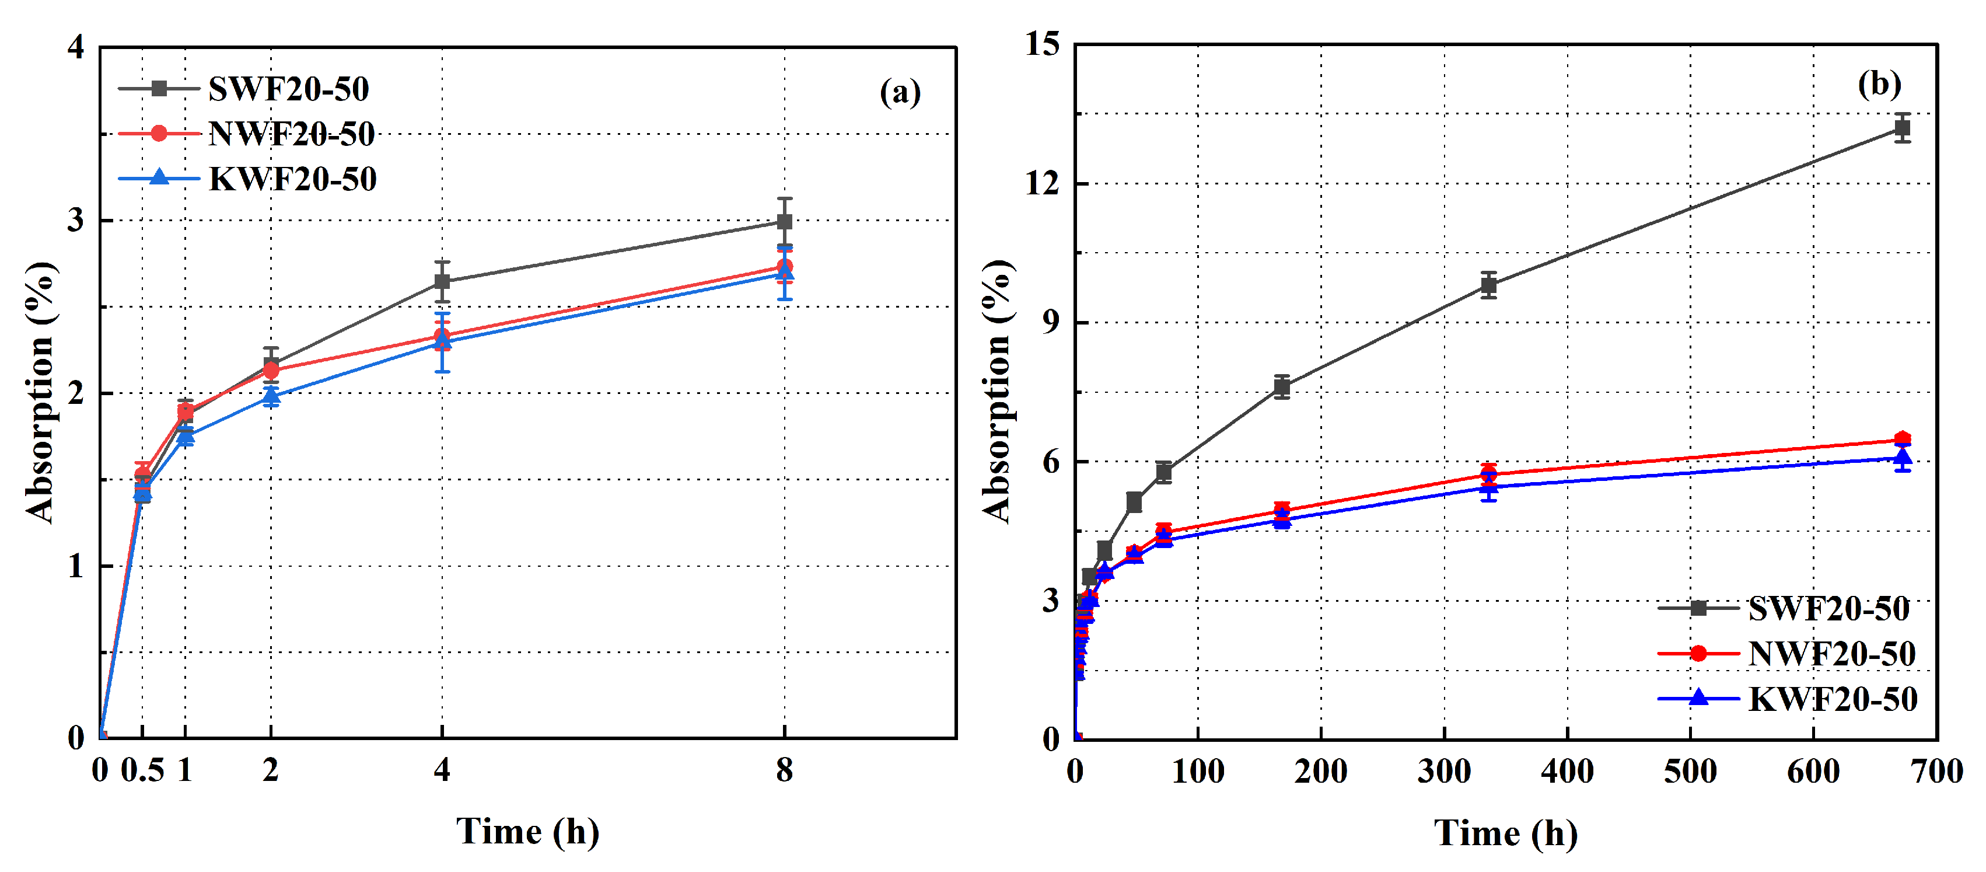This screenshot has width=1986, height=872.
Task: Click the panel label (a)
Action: coord(900,93)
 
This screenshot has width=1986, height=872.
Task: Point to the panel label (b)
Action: coord(1879,83)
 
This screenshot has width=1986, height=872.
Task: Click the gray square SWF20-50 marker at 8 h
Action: coord(784,222)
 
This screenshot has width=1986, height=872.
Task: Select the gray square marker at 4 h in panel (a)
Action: coord(442,281)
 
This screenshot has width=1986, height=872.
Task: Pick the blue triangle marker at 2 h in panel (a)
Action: coord(271,396)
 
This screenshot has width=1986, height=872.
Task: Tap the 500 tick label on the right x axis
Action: coord(1690,772)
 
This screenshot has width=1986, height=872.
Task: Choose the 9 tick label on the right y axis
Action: coord(1050,322)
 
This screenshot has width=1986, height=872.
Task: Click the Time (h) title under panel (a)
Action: coord(527,832)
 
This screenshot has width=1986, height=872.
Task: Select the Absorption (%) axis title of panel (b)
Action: coord(997,392)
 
